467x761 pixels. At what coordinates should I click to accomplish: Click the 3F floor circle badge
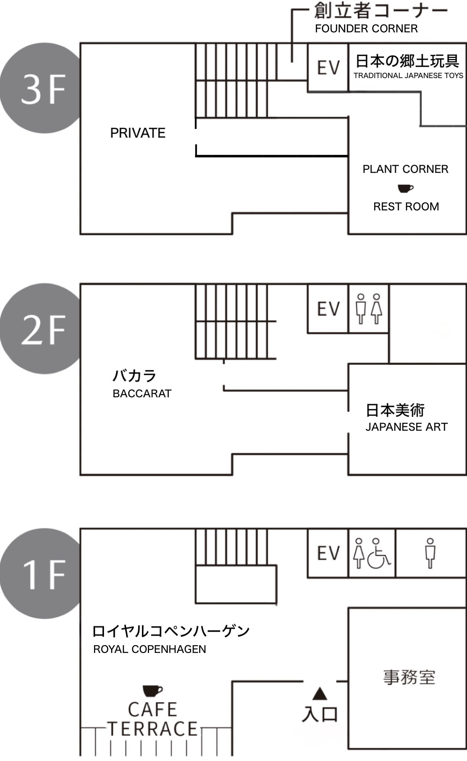coord(43,88)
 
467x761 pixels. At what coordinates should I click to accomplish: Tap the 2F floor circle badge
coord(43,329)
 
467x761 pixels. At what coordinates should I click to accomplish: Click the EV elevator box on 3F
coord(328,68)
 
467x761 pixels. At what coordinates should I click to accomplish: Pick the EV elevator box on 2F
coord(328,309)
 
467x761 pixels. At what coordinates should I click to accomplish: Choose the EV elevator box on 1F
coord(328,553)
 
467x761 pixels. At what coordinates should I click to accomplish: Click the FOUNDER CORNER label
coord(366,29)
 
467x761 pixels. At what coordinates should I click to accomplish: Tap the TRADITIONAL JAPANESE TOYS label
coord(408,75)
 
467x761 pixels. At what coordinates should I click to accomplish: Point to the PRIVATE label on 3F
coord(137,133)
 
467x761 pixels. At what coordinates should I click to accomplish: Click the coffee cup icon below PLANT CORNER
coord(405,188)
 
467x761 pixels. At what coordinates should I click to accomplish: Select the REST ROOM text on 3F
coord(406,207)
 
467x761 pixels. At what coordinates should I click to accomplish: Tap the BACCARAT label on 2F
coord(142,394)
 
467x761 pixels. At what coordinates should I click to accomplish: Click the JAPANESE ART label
coord(406,427)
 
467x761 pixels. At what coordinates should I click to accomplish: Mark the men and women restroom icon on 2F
coord(369,309)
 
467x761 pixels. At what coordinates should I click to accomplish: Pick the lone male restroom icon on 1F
coord(430,553)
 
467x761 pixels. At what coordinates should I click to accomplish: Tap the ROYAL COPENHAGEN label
coord(149,649)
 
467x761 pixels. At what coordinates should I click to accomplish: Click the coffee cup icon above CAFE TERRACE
coord(152,691)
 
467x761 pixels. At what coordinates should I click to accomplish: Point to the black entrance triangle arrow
coord(320,694)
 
